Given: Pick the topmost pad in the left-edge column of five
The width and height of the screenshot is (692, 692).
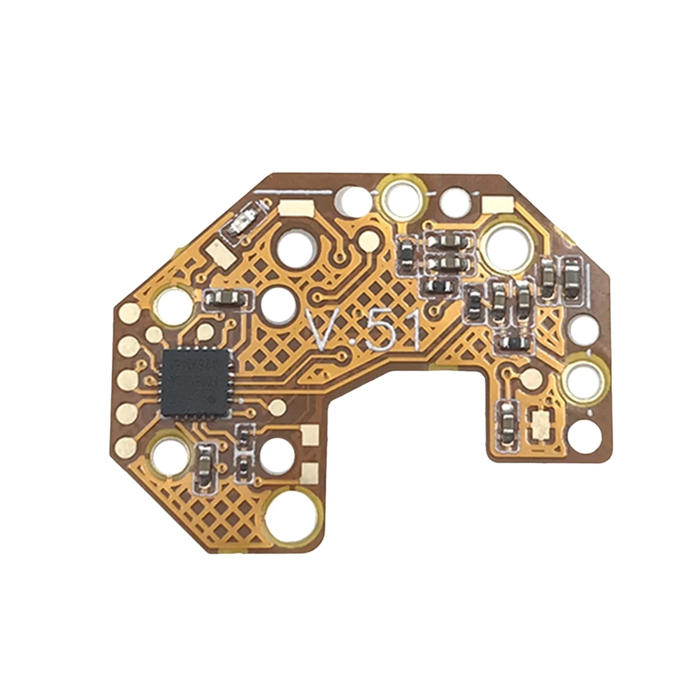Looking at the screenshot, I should point(129,314).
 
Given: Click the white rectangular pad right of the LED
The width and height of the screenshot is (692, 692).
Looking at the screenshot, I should point(291,208).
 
